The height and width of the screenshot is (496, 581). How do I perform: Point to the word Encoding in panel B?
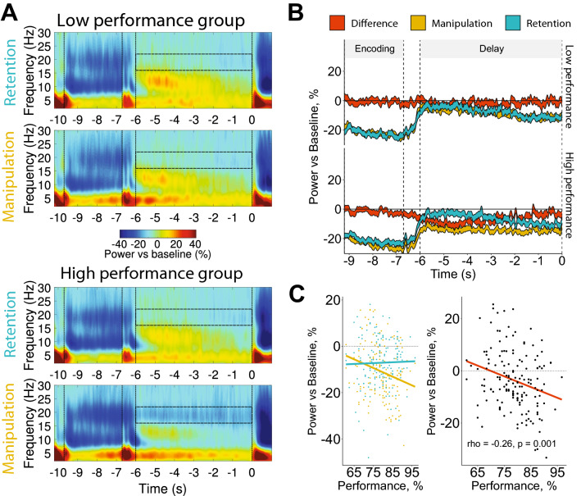(373, 48)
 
